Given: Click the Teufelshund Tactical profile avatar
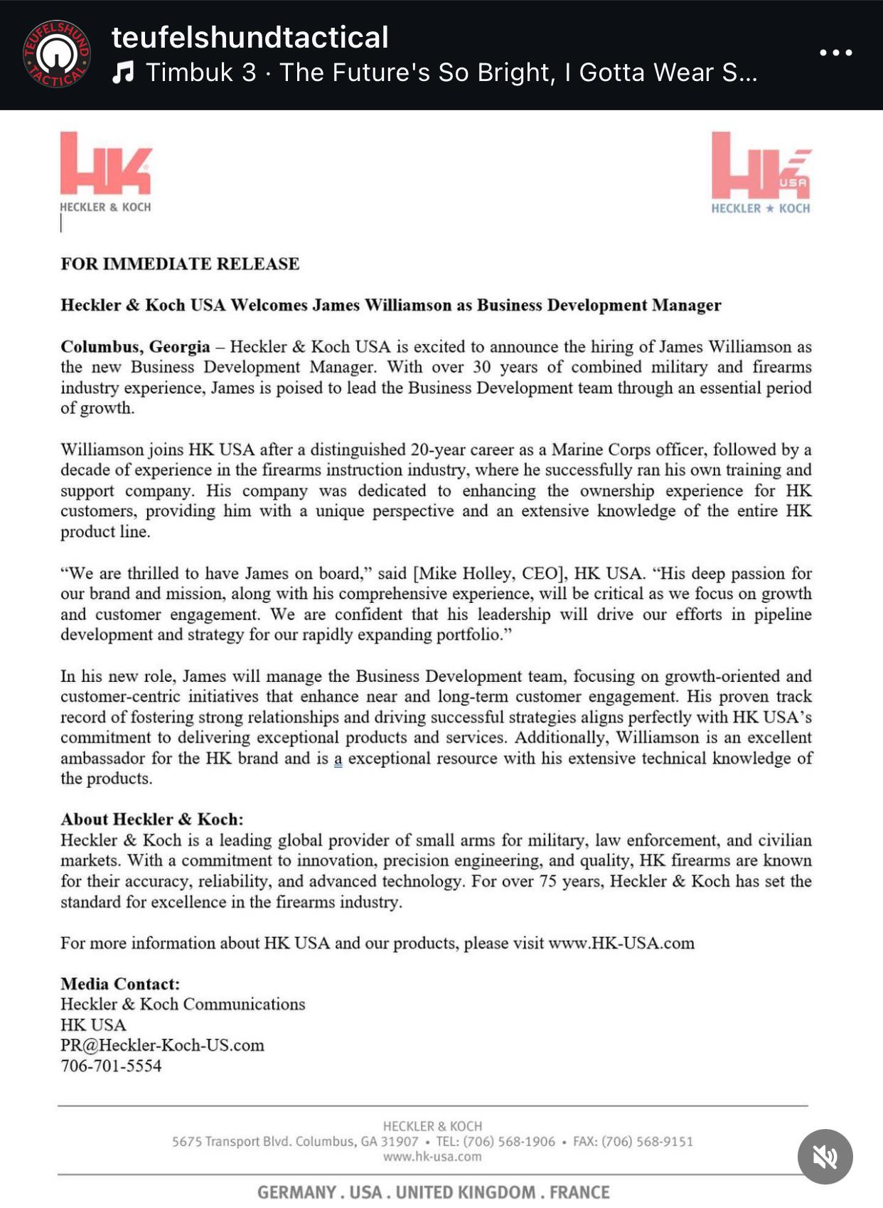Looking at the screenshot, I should (57, 54).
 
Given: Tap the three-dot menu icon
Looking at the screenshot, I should (835, 53).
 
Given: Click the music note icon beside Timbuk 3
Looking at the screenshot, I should (124, 72).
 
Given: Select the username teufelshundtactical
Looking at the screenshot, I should (250, 37).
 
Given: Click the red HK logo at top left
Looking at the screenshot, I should (106, 164).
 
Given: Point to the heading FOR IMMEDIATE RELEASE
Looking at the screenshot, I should (180, 264).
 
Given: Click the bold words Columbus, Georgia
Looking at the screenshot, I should (135, 347).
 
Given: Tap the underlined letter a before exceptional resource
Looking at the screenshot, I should (338, 759).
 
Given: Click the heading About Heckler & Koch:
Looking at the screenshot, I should (151, 819).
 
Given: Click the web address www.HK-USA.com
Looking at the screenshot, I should (621, 944).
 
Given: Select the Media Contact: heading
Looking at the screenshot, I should (120, 984).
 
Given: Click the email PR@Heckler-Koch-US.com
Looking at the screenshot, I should (162, 1046).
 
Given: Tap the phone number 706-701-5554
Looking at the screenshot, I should (111, 1067).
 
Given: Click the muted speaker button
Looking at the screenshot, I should (825, 1157).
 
